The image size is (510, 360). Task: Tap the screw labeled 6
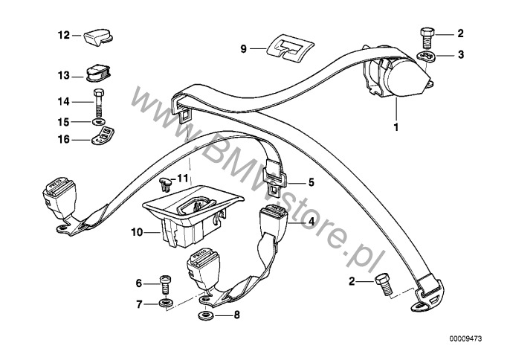tap(165, 283)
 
